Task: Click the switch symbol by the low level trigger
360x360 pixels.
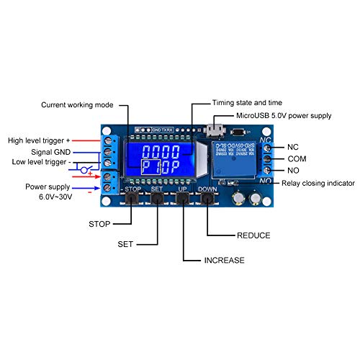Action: (x=84, y=170)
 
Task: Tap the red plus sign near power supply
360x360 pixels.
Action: (x=91, y=176)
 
